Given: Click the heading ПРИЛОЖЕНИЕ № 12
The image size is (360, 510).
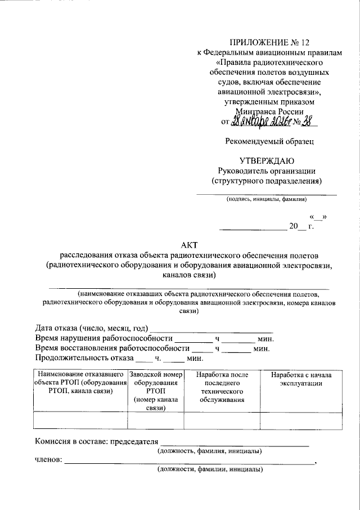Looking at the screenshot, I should [x=269, y=43].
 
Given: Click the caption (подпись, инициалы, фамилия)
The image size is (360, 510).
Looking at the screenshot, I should [x=266, y=199].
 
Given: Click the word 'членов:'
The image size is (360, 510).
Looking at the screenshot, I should [x=48, y=461].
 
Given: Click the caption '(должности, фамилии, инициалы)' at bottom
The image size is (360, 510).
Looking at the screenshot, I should [x=209, y=469].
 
